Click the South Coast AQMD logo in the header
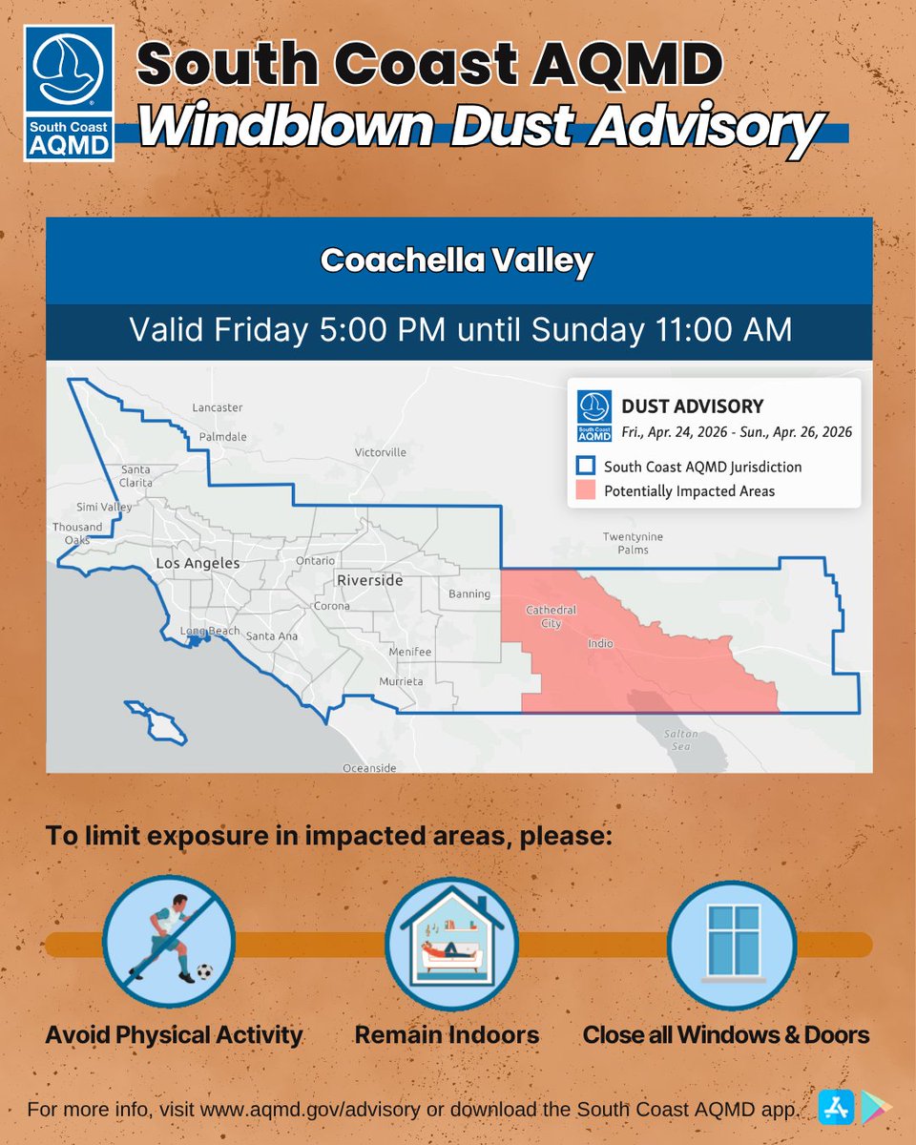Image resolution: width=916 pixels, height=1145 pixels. coord(69,93)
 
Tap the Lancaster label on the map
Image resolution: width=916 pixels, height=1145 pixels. coord(218,407)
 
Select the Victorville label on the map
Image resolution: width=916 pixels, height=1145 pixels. coord(380,451)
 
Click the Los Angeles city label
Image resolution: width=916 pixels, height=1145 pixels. coord(198,564)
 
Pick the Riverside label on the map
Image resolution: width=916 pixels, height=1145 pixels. coord(369,580)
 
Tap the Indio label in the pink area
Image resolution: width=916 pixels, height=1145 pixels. coord(600,644)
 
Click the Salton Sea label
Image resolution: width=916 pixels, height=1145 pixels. coord(682,739)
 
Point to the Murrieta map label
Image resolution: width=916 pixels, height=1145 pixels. coord(401,682)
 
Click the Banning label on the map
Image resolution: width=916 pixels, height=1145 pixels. coord(469,593)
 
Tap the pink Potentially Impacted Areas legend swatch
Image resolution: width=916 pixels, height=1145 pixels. coord(586,490)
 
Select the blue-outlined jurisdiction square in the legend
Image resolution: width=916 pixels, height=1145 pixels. coord(586,467)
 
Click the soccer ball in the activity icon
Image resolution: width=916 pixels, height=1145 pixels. coord(203,972)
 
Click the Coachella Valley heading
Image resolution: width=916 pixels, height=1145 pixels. coord(457,260)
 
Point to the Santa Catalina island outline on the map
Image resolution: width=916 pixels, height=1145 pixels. coord(151,721)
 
